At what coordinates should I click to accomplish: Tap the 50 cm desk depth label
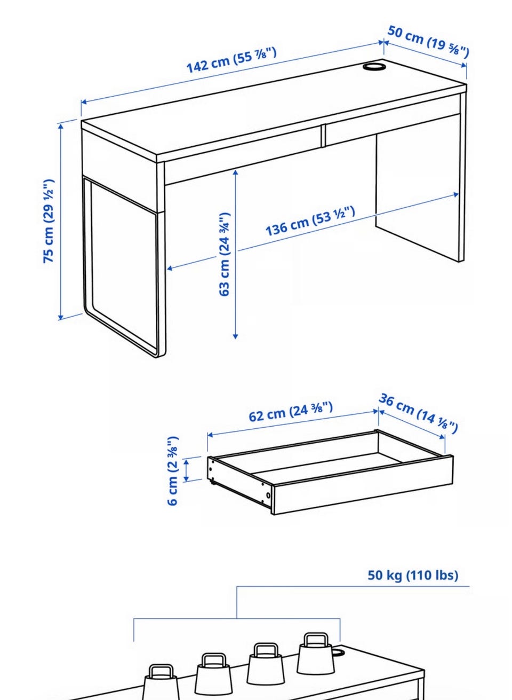click(x=428, y=42)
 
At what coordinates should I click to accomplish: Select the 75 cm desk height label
click(x=49, y=221)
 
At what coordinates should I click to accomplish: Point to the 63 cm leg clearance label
click(x=225, y=254)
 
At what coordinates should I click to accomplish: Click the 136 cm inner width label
click(x=310, y=221)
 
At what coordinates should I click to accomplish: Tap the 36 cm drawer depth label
click(x=418, y=413)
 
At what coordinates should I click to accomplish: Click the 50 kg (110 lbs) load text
click(x=413, y=575)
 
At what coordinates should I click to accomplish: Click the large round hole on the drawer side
click(x=268, y=495)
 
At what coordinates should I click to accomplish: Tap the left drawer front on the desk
click(x=243, y=156)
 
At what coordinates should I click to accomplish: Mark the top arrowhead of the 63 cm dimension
click(x=235, y=171)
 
